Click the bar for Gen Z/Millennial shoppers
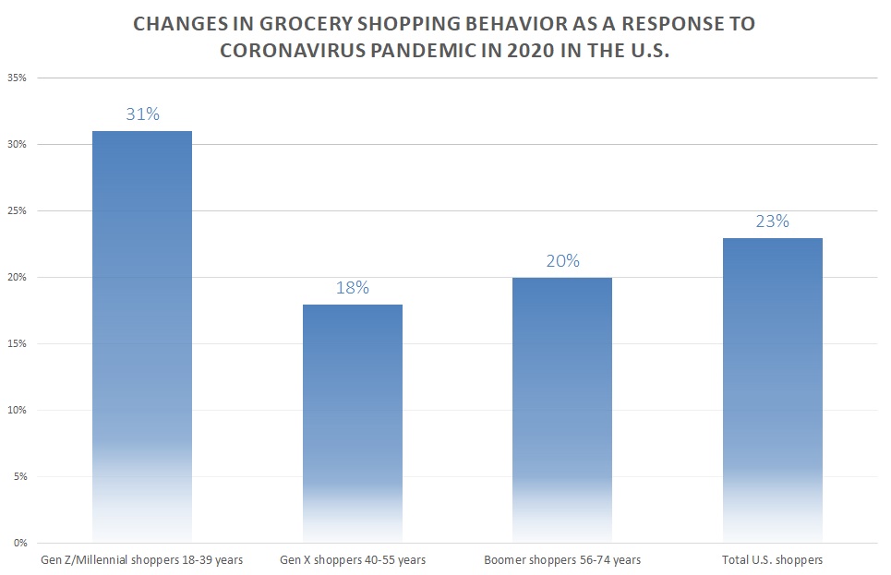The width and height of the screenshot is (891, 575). [x=142, y=336]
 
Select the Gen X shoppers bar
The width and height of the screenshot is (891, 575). [x=353, y=423]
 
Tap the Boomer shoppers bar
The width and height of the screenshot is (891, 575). [x=562, y=409]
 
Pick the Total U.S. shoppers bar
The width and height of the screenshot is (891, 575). [x=773, y=389]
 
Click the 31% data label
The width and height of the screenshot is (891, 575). [x=142, y=114]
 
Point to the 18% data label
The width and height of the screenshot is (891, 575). [x=353, y=287]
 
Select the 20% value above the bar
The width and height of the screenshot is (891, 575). [x=562, y=260]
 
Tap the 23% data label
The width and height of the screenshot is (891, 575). [x=773, y=221]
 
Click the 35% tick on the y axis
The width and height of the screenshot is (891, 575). [x=18, y=78]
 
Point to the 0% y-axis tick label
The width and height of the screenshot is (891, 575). [x=21, y=543]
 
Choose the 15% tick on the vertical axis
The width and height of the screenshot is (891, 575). [x=18, y=343]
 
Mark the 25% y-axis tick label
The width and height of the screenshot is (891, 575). [x=18, y=211]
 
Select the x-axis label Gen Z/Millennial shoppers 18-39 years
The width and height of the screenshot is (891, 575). [x=141, y=559]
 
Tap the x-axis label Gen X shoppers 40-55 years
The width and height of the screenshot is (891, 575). [x=353, y=559]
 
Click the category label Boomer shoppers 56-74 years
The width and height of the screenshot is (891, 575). [x=562, y=559]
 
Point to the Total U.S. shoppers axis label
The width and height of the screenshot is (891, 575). [x=773, y=559]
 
